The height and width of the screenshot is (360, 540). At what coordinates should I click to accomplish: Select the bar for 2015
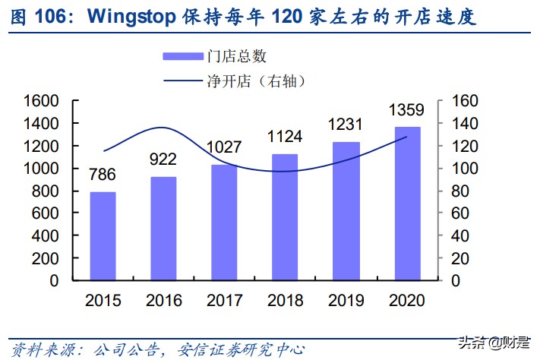click(103, 236)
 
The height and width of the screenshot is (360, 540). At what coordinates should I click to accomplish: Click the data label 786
click(102, 175)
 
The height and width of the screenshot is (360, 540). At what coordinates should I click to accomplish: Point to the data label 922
click(163, 159)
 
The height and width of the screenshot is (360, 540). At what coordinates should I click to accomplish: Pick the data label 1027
click(224, 147)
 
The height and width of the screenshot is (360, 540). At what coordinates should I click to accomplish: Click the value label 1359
click(406, 111)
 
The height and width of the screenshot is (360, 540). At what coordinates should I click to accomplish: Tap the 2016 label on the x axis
click(164, 301)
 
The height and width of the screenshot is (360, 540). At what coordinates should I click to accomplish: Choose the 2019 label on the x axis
click(346, 301)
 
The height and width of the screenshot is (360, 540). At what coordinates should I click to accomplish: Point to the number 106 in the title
click(56, 15)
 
